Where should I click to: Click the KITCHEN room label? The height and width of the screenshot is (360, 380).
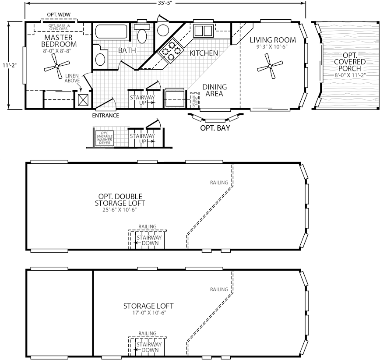coord(204,53)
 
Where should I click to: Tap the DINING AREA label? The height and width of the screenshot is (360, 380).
coord(214,90)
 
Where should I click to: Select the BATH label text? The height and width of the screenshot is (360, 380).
coord(127,51)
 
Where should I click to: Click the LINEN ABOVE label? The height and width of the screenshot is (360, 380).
coord(72,78)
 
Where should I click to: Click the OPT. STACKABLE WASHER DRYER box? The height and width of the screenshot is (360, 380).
coord(105,138)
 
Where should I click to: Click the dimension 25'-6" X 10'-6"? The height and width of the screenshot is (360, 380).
coord(120,210)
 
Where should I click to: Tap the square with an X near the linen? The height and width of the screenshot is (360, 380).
coord(83,99)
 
